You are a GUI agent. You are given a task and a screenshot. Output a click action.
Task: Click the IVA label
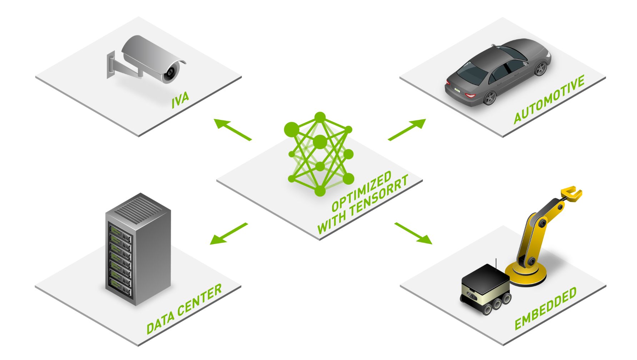tap(180, 100)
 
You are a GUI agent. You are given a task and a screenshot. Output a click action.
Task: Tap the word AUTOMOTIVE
tap(549, 100)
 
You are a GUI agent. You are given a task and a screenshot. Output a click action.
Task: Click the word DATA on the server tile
tap(160, 323)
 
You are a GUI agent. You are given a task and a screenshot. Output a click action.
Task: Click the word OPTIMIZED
tap(361, 191)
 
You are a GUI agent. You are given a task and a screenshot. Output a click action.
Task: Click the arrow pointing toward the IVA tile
tap(232, 129)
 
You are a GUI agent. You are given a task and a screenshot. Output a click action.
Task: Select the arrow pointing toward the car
tap(407, 130)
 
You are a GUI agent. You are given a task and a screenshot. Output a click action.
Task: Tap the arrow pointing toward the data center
tap(229, 234)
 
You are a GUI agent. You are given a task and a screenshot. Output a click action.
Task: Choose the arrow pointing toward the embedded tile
tap(413, 233)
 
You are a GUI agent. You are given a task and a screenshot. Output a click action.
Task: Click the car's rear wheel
tap(490, 97)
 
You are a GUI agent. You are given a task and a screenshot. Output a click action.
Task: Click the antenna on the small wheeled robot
tap(496, 264)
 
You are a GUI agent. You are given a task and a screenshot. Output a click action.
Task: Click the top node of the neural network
tap(320, 117)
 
